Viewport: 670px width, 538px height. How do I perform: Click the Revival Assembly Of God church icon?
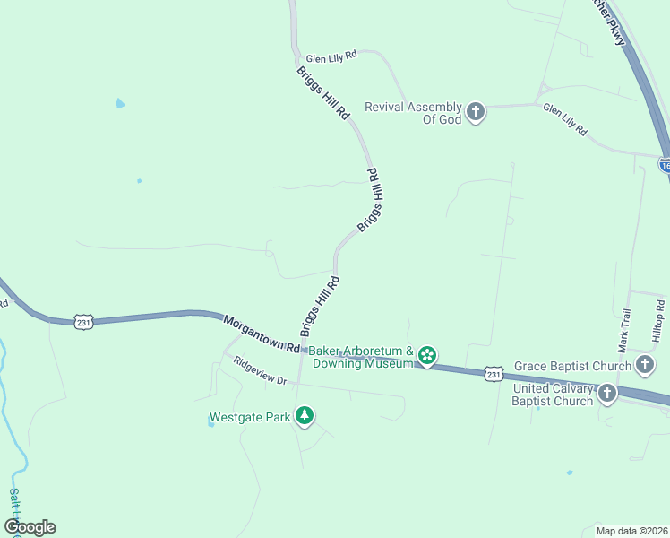pos(475,112)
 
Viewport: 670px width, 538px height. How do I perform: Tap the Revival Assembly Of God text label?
pos(413,113)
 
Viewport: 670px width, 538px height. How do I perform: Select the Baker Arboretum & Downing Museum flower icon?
pos(428,356)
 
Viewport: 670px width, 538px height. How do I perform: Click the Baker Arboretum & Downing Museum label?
pos(361,357)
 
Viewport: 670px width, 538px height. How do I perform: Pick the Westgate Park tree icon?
pos(306,416)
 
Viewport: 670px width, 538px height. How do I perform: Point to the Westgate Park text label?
pos(250,417)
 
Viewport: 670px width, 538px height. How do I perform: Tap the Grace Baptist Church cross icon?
pos(645,364)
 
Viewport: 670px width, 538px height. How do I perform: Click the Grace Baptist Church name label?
pos(573,366)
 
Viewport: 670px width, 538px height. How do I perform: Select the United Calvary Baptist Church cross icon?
pos(607,394)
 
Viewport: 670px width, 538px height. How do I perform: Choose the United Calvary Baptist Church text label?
pos(553,395)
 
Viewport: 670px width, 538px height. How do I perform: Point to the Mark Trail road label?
pos(624,329)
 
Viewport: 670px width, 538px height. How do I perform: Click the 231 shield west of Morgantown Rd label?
pos(83,322)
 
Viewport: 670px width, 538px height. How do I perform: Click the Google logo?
pos(30,526)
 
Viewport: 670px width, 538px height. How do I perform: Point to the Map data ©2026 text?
pos(631,531)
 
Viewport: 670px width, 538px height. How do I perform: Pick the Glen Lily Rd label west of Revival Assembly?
pos(331,55)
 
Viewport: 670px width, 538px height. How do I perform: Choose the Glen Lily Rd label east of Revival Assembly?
pos(565,118)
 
